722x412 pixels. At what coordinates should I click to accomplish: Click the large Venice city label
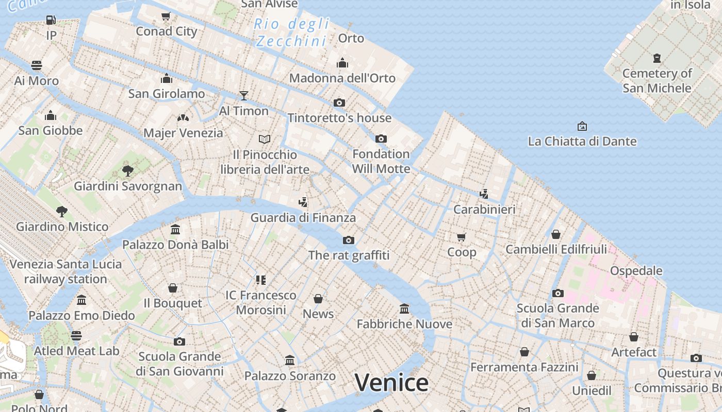[391, 383]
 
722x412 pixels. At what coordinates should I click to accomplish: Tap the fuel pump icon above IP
[51, 20]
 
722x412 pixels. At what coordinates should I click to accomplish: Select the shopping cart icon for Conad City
[166, 16]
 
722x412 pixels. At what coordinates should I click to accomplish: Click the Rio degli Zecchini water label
[292, 32]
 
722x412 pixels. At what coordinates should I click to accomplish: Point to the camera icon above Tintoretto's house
[339, 102]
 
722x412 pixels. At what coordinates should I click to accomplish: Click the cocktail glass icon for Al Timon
[244, 95]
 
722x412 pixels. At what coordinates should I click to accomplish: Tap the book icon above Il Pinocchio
[265, 139]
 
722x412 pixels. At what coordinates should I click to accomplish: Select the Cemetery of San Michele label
[657, 81]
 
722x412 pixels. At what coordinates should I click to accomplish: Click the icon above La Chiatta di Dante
[582, 126]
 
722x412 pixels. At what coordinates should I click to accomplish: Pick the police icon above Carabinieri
[484, 194]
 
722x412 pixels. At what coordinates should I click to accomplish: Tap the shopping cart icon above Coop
[462, 237]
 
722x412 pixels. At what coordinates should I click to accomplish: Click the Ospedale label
[636, 271]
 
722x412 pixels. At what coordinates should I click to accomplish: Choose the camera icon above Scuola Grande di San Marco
[557, 293]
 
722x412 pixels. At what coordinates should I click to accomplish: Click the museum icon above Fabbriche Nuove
[404, 308]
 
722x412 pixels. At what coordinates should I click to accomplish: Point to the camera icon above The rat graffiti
[349, 240]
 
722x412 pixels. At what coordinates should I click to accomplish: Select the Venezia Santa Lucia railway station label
[65, 271]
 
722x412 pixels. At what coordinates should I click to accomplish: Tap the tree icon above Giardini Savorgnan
[128, 170]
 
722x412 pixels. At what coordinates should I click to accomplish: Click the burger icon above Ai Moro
[37, 65]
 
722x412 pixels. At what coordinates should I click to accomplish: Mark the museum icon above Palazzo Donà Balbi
[175, 229]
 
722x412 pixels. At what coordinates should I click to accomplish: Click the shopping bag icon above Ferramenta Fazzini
[524, 352]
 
